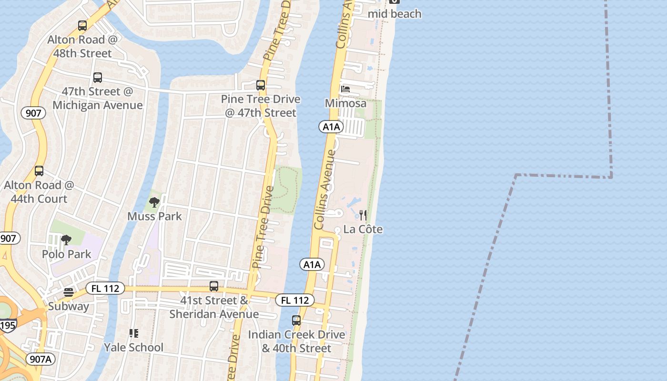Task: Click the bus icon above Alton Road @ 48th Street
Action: pos(82,26)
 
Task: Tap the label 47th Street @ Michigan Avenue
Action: pos(98,98)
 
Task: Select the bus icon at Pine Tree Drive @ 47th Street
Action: pos(261,85)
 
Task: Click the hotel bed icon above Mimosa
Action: pos(345,89)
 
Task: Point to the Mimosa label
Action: pos(345,103)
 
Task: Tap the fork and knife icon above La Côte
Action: pos(363,215)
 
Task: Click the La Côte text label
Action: pos(363,229)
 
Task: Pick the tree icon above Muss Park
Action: pos(154,202)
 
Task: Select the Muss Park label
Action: pos(154,216)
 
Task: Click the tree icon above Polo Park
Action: pos(66,240)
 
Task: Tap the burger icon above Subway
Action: pos(69,292)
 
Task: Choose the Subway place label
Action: pos(69,306)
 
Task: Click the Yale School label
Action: pos(133,347)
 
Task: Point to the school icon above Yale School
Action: pos(133,333)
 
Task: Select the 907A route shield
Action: pos(40,359)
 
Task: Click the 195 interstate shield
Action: pos(8,325)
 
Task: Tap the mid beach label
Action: pos(394,14)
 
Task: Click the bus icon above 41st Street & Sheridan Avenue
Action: pos(214,286)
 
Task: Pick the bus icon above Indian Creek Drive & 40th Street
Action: pos(296,321)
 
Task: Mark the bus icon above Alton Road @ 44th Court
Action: pos(39,171)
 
